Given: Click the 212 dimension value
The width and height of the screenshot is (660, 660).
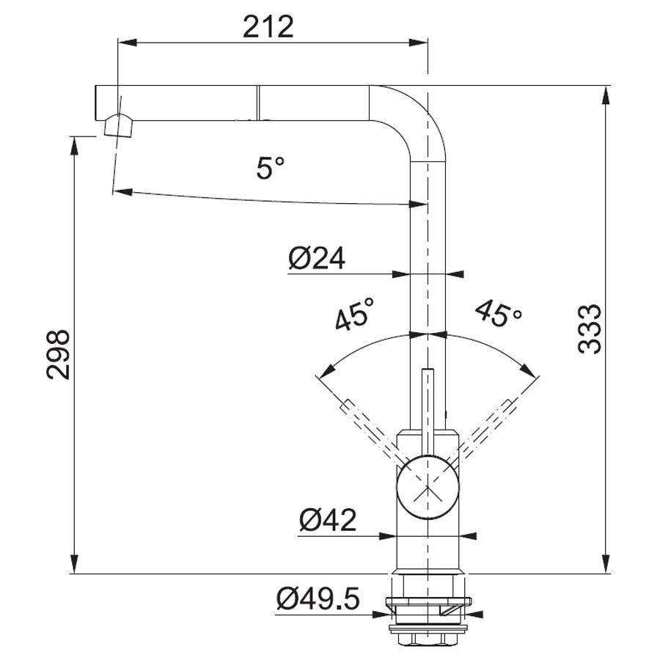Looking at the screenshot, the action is click(268, 26).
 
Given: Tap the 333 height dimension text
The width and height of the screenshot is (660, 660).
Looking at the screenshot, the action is click(590, 329).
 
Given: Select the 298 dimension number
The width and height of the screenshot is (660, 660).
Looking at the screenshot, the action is click(58, 355).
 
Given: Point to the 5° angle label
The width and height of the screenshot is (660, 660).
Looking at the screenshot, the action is click(270, 167).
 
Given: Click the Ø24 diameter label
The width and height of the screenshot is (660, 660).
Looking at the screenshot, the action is click(317, 258).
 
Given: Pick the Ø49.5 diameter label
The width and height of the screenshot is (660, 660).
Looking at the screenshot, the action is click(318, 598).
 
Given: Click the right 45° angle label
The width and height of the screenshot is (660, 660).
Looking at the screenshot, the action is click(499, 313).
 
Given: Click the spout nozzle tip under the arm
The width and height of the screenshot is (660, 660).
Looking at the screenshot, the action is click(120, 126).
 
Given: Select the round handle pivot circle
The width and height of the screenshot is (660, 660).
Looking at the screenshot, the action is click(428, 487).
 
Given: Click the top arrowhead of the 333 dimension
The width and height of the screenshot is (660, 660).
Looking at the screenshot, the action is click(606, 95).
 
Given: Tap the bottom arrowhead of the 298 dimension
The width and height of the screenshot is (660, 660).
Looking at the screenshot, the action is click(74, 563).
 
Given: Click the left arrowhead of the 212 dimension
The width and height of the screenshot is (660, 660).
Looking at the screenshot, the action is click(128, 42).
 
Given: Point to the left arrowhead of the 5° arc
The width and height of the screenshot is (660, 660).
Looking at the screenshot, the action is click(122, 192).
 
